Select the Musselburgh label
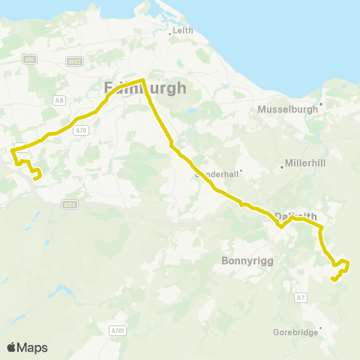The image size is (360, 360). pos(289,109)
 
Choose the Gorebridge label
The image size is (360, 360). pos(297,331)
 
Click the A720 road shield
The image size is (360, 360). pos(70,204)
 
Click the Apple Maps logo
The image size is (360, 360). pos(27,347)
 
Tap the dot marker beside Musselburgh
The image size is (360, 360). pos(321,104)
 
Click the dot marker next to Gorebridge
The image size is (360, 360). pos(321,327)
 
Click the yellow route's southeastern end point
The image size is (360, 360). pos(332,279)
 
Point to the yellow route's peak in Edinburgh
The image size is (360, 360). pos(142,79)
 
